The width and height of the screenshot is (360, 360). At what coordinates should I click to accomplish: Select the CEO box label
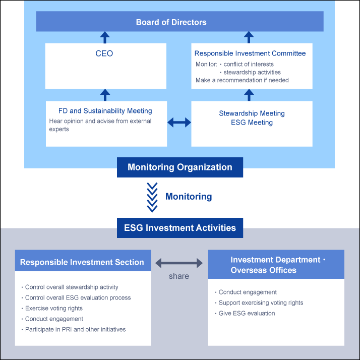click(x=104, y=53)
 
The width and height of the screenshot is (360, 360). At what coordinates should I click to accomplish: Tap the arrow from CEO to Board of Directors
click(x=104, y=37)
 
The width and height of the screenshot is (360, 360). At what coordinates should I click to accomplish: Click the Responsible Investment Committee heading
click(x=250, y=53)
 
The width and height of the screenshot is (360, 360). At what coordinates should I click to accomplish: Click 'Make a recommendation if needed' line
click(x=242, y=80)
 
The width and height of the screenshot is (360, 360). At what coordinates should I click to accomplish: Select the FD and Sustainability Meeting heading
click(x=105, y=111)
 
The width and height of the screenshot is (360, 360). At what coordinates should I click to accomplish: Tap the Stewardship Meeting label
click(x=252, y=113)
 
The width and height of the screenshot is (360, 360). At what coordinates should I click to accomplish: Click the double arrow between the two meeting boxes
click(x=179, y=122)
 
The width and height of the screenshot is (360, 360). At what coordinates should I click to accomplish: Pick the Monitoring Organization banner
click(x=180, y=167)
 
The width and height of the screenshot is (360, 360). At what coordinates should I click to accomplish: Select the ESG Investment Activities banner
click(x=180, y=228)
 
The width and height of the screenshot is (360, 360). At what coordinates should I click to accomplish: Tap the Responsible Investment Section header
click(x=82, y=262)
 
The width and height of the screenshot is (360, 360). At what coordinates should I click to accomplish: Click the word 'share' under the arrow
click(x=179, y=276)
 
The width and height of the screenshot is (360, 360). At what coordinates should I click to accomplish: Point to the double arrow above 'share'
click(x=179, y=263)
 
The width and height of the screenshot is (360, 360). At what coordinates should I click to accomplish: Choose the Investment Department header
click(x=276, y=265)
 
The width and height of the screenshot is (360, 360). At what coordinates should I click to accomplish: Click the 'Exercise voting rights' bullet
click(x=53, y=308)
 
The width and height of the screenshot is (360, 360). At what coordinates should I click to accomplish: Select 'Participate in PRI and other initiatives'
click(x=75, y=329)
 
